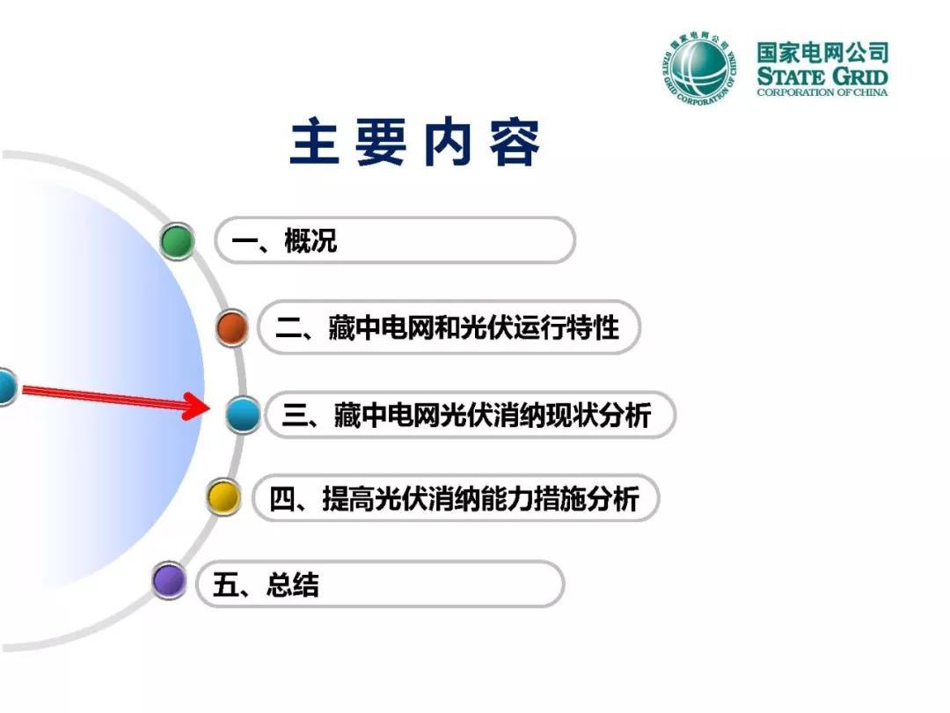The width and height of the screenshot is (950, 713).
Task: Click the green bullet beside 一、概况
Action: [x=178, y=240]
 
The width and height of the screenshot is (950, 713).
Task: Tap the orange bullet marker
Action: [x=232, y=328]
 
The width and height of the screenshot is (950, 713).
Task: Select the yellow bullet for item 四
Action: [x=223, y=497]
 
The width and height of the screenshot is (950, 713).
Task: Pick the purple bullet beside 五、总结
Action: [x=168, y=580]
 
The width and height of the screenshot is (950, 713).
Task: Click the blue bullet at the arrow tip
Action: [x=243, y=415]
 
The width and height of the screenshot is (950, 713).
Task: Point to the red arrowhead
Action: [x=196, y=406]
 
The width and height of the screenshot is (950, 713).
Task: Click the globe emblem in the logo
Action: [x=698, y=67]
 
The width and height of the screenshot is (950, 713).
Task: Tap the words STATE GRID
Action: [x=822, y=77]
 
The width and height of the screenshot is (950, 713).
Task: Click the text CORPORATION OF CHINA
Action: [x=822, y=92]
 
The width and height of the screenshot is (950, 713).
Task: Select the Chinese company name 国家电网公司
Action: [x=822, y=52]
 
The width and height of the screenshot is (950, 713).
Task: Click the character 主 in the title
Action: [x=314, y=142]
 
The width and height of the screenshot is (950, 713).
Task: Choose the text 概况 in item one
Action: [x=311, y=240]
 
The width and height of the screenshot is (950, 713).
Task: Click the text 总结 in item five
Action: [x=292, y=584]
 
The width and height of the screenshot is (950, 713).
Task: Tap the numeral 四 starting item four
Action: [x=281, y=499]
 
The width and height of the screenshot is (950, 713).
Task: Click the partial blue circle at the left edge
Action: [x=7, y=386]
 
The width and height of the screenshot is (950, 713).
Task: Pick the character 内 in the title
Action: [x=448, y=142]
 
